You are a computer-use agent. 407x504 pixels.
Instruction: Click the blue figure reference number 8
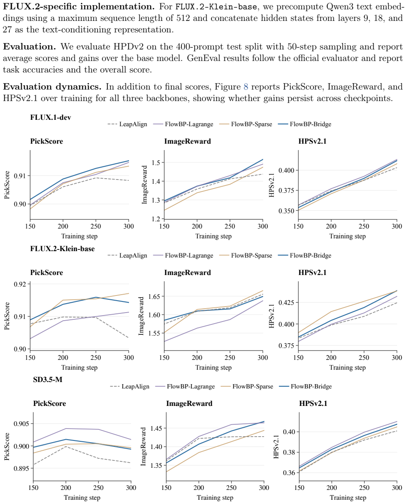(246, 87)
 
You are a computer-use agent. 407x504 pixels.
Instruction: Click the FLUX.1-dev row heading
(51, 117)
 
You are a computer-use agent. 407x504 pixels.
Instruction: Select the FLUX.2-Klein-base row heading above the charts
(62, 249)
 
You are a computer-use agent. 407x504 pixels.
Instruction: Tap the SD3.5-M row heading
(48, 379)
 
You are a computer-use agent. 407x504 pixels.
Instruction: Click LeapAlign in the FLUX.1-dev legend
(133, 125)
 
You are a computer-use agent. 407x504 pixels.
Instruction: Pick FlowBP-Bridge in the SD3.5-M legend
(311, 387)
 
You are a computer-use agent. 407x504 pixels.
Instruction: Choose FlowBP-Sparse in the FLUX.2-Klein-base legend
(251, 255)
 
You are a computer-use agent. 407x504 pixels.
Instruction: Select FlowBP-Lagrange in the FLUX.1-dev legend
(189, 125)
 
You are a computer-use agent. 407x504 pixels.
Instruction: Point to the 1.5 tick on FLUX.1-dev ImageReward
(156, 162)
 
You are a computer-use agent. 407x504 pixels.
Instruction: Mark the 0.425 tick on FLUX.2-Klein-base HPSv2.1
(287, 302)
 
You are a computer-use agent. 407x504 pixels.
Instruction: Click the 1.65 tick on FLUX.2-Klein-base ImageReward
(155, 296)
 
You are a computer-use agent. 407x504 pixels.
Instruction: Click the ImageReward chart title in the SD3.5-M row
(189, 404)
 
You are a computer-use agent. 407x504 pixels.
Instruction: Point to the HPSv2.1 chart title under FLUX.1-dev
(312, 142)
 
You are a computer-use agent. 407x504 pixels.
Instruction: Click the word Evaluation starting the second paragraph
(29, 46)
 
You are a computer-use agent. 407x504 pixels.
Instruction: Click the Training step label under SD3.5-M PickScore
(82, 498)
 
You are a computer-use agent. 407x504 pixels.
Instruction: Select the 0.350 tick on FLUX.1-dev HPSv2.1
(287, 211)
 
